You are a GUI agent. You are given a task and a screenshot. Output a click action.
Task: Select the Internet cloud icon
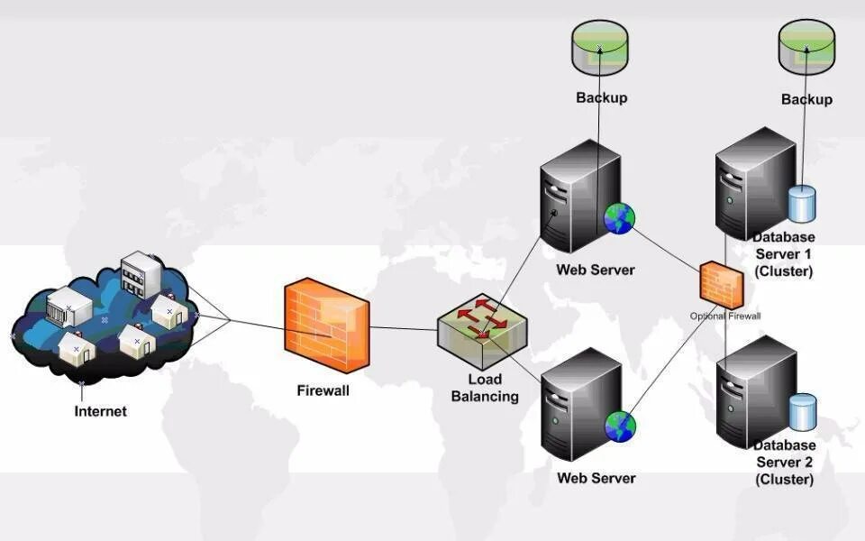[x=104, y=320]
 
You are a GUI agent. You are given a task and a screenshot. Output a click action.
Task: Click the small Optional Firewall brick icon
[x=722, y=284]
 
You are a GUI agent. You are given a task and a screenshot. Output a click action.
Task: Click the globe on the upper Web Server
[x=620, y=218]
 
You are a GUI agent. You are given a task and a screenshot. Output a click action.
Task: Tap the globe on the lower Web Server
[x=620, y=426]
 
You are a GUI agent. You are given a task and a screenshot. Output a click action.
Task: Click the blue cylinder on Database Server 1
[x=801, y=205]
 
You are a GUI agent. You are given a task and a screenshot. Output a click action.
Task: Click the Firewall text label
[x=323, y=391]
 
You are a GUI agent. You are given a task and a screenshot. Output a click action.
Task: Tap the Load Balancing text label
[x=485, y=388]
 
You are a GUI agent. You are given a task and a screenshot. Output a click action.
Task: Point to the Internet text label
[x=101, y=412]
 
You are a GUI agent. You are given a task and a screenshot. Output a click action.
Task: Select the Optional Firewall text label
[x=725, y=316]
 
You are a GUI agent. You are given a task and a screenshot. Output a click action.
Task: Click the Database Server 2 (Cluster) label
[x=784, y=462]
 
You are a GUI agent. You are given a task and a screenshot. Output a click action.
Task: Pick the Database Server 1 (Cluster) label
[x=784, y=254]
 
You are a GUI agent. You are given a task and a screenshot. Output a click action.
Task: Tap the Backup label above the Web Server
[x=601, y=97]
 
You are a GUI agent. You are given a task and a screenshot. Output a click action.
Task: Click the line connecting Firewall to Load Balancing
[x=404, y=329]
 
